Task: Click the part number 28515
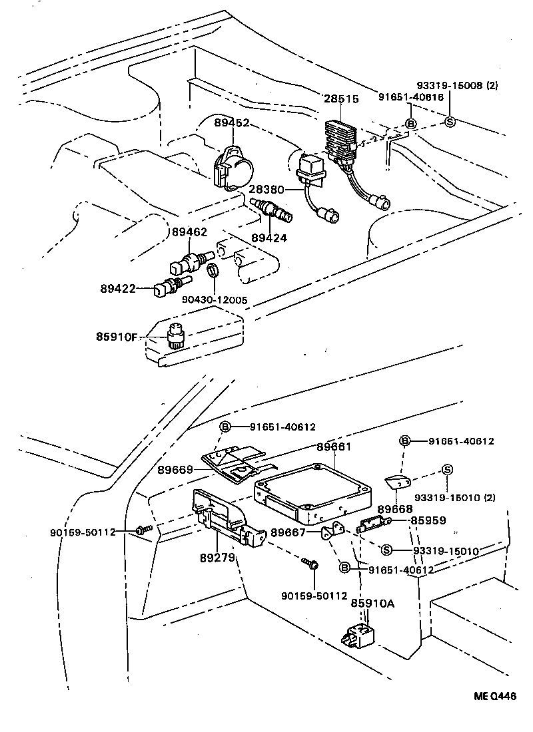click(x=342, y=98)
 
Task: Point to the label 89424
click(x=269, y=238)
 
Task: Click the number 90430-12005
click(x=214, y=300)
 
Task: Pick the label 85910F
click(x=115, y=337)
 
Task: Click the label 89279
click(x=218, y=557)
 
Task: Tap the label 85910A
click(x=373, y=604)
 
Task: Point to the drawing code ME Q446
click(x=494, y=696)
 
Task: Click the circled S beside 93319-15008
click(x=449, y=122)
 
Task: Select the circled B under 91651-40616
click(x=411, y=124)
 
